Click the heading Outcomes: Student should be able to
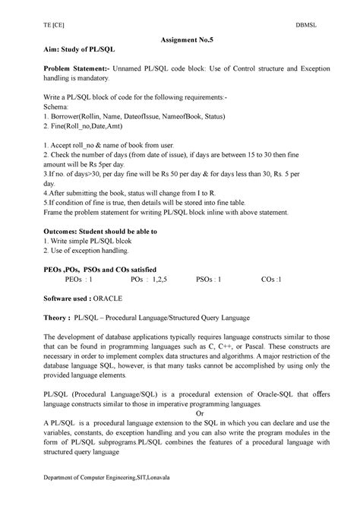100,230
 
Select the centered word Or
179,414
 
